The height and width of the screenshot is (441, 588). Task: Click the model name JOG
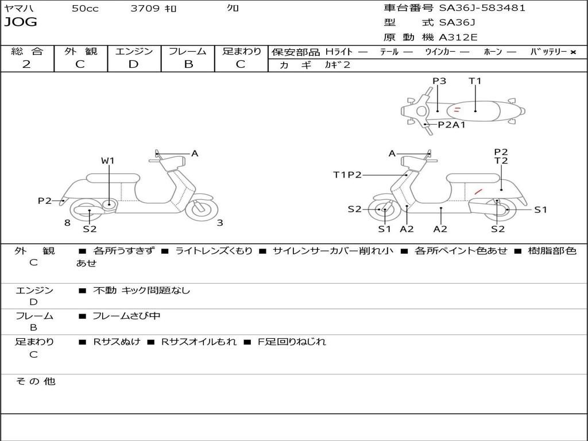(21, 22)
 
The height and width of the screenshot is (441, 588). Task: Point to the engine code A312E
(458, 37)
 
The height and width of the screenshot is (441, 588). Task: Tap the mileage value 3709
(145, 9)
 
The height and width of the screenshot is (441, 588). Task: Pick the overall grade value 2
(26, 64)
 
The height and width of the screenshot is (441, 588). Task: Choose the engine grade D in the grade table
(133, 64)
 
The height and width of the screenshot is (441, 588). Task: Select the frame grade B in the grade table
(188, 64)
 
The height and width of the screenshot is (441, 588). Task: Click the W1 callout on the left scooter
(108, 161)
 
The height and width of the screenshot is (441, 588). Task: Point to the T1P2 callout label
(347, 175)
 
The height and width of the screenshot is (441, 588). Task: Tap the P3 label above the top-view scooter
(439, 81)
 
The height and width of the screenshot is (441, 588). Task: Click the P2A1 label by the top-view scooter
(451, 125)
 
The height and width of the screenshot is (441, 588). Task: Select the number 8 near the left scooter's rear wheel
(67, 223)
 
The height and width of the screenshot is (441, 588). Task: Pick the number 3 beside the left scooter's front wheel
(220, 223)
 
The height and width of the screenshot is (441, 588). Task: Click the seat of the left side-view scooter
(113, 177)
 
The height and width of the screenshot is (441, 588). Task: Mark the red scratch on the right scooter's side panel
(478, 191)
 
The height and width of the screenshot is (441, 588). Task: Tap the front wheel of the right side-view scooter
(384, 210)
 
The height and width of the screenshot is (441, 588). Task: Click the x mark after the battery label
(572, 52)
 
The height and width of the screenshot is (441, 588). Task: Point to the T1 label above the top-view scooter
(475, 81)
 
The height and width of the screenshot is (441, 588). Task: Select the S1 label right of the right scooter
(540, 210)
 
